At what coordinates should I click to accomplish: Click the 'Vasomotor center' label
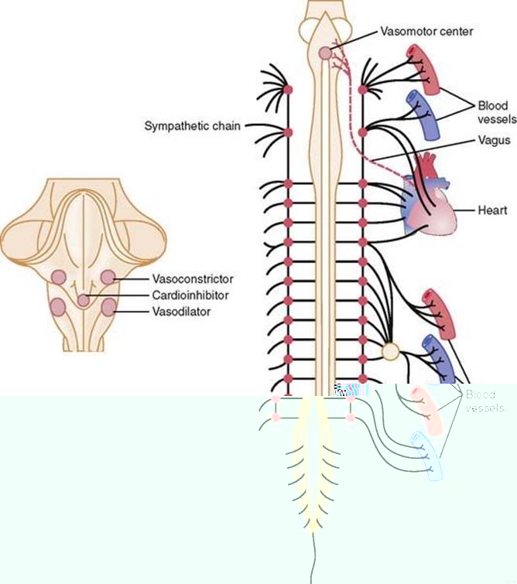426,32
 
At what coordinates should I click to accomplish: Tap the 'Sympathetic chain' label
191,125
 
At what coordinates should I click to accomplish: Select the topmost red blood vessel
424,65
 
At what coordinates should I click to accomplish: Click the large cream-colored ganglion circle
391,352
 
